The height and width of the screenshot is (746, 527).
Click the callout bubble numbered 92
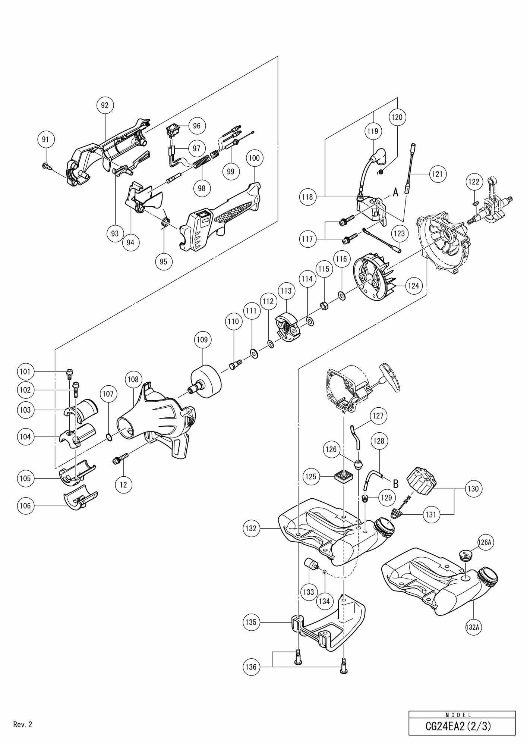pos(105,105)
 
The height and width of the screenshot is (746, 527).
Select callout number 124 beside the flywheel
pos(413,286)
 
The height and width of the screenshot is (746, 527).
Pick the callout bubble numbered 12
pos(123,485)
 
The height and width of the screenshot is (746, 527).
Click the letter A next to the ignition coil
pos(395,192)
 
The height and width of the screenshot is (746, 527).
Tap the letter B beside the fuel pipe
pos(396,484)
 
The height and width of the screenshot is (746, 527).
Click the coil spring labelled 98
pos(201,163)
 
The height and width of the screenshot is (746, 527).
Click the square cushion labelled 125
pos(344,476)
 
